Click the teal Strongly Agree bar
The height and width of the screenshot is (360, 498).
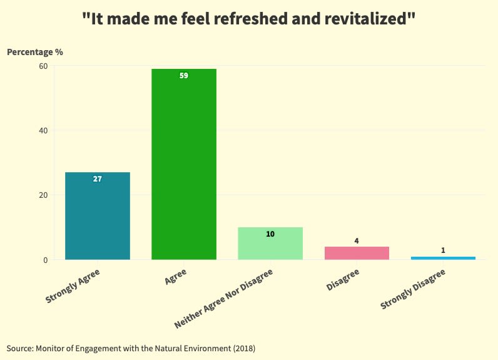click(98, 216)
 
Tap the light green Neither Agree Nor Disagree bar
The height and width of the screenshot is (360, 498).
click(270, 244)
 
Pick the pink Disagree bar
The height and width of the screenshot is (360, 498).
click(357, 253)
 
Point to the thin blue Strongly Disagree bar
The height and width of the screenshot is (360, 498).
click(443, 258)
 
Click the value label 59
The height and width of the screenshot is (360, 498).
click(184, 76)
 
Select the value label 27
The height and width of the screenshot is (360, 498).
click(98, 179)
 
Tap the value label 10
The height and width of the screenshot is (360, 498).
click(270, 234)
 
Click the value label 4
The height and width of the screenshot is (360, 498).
click(357, 241)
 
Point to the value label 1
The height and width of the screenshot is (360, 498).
click(443, 250)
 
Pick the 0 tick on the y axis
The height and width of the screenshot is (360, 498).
click(45, 260)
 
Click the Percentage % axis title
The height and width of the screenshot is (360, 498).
click(35, 52)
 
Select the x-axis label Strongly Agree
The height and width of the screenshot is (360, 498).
click(73, 286)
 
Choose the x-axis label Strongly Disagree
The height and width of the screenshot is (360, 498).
click(413, 289)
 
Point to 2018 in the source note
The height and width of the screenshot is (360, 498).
click(243, 347)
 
